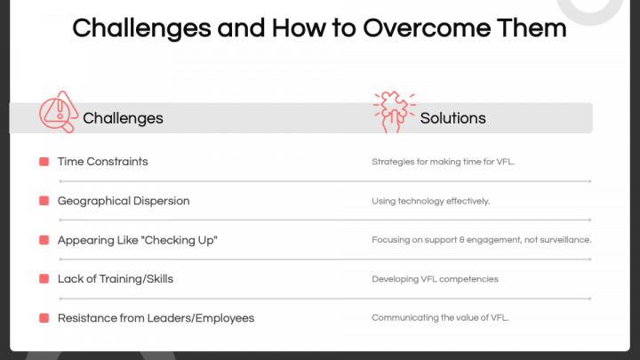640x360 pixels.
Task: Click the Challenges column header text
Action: coord(123,118)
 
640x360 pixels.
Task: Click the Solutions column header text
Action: coord(452,118)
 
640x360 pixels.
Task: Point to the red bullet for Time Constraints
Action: coord(44,162)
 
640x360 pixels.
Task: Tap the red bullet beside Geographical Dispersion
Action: coord(44,201)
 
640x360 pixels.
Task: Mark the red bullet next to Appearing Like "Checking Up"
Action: coord(44,240)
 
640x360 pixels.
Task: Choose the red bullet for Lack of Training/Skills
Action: coord(44,279)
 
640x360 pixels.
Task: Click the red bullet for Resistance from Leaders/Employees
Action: coord(44,318)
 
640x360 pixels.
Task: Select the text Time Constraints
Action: coord(102,162)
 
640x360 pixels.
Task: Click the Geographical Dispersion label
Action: coord(124,201)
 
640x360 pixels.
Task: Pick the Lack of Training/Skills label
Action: coord(115,279)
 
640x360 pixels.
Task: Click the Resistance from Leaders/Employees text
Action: coord(156,318)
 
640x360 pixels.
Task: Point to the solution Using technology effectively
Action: coord(430,202)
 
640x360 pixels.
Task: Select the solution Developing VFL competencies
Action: coord(434,279)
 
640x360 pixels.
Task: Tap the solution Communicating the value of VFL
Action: coord(440,318)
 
